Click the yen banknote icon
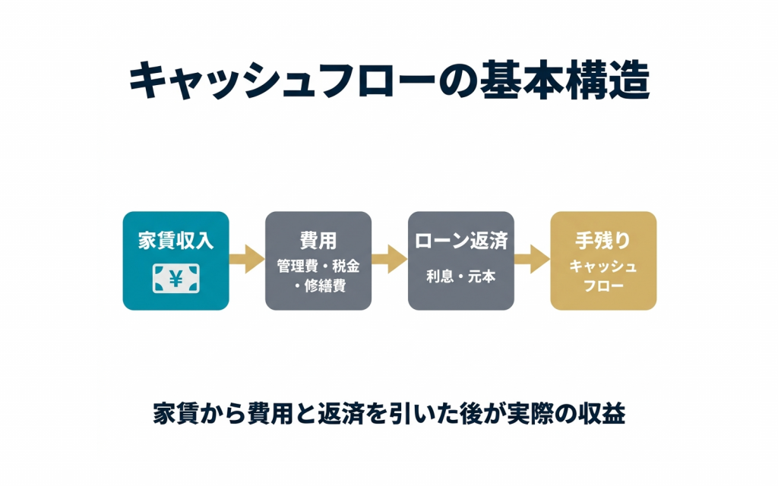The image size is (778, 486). pyautogui.click(x=176, y=278)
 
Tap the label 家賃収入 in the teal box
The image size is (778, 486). pyautogui.click(x=176, y=241)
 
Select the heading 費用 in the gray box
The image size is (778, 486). pyautogui.click(x=318, y=241)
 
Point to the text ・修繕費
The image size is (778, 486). pyautogui.click(x=318, y=286)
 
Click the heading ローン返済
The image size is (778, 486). pyautogui.click(x=460, y=241)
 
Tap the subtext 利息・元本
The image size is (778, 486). pyautogui.click(x=460, y=276)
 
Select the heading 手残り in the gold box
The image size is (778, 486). pyautogui.click(x=603, y=241)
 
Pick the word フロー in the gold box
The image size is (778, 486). pyautogui.click(x=603, y=286)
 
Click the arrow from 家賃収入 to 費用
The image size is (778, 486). pyautogui.click(x=246, y=260)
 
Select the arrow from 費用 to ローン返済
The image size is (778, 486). pyautogui.click(x=389, y=260)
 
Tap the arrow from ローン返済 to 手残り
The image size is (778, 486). pyautogui.click(x=532, y=260)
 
